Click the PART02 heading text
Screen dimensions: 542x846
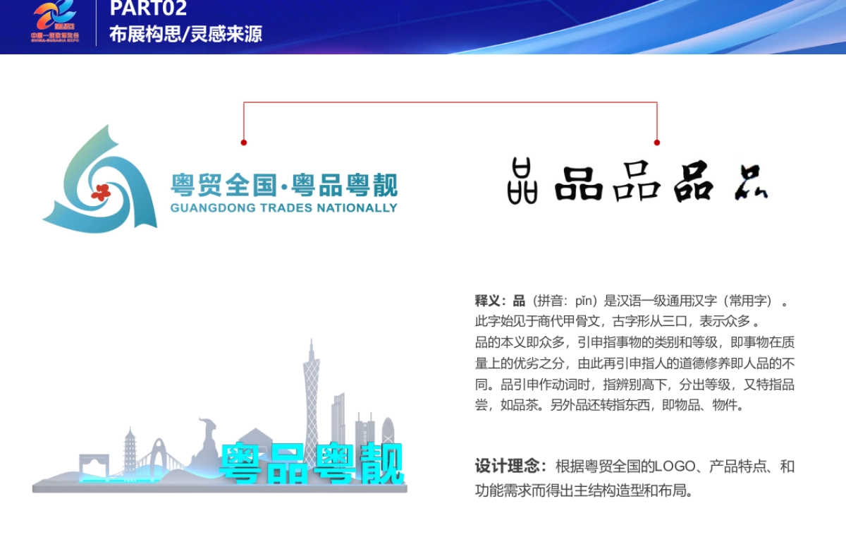click(x=148, y=8)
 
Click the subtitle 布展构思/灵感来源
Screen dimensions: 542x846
click(x=185, y=34)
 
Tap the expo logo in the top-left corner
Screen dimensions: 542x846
click(x=55, y=21)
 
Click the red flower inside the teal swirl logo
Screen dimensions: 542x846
click(x=101, y=191)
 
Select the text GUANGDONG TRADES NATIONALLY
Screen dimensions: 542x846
click(x=283, y=208)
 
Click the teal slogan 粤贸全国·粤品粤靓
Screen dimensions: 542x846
click(x=283, y=186)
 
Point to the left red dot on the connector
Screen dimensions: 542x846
click(x=244, y=143)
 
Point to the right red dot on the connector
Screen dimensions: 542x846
click(x=657, y=143)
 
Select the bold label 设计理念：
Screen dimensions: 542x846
click(x=510, y=466)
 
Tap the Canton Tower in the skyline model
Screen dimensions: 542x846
click(x=311, y=395)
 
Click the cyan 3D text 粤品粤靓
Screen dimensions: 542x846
click(x=310, y=464)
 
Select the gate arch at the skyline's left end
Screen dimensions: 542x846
click(x=94, y=466)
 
